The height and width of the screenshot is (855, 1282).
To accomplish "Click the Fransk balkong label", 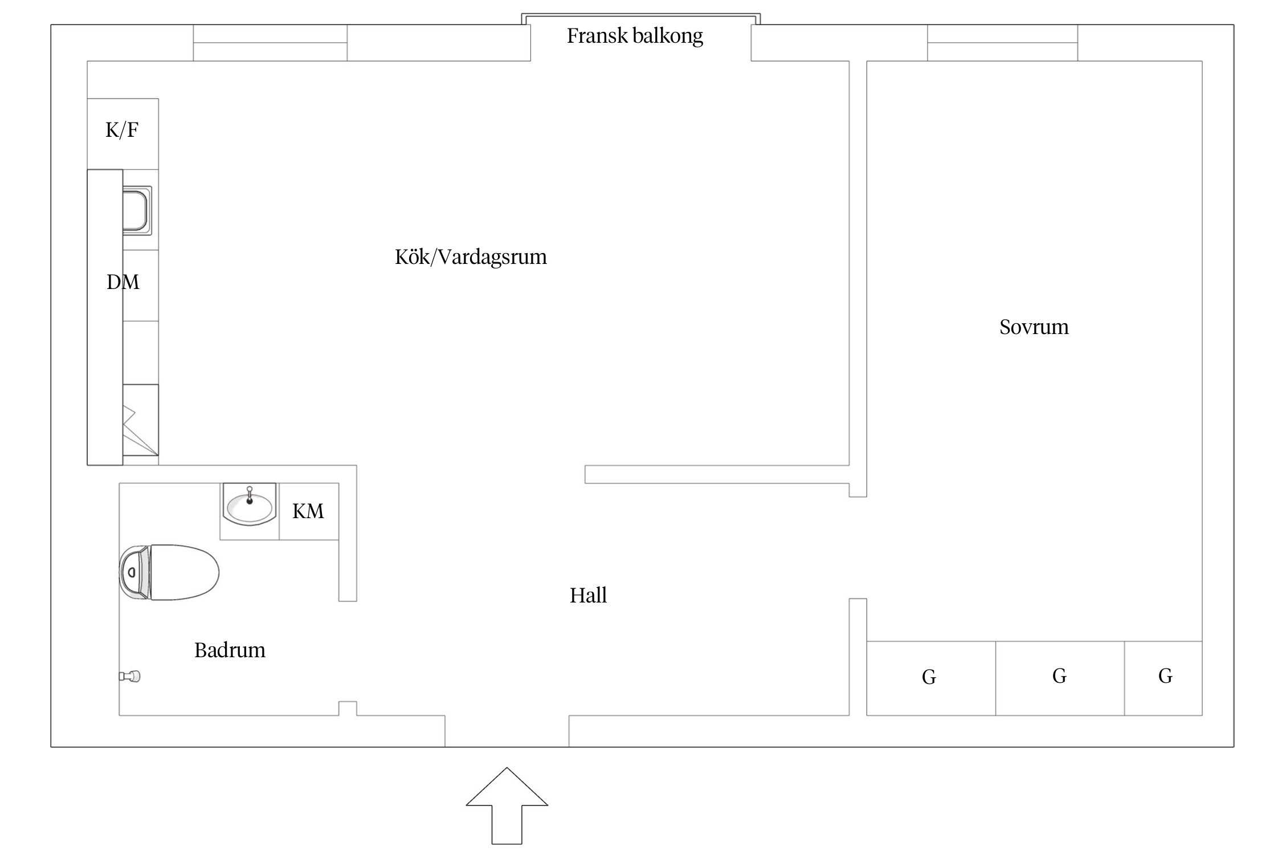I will (634, 36).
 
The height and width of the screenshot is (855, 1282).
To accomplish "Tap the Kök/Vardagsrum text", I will (471, 257).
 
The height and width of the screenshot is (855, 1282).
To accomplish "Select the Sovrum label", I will (1034, 327).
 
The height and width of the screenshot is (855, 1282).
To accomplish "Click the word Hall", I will (588, 596).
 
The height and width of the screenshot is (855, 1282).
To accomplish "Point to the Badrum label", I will (230, 650).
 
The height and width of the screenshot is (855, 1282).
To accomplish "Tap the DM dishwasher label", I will (123, 282).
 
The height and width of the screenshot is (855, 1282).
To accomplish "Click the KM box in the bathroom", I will (308, 511).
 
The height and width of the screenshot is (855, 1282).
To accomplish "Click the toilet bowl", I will (183, 572).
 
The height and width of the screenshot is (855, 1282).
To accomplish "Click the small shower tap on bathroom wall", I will (130, 677).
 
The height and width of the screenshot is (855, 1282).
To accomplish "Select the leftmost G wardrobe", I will (930, 678).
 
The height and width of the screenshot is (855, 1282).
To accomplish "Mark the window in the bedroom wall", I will (1002, 43).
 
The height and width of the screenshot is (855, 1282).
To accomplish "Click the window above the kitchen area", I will (270, 43).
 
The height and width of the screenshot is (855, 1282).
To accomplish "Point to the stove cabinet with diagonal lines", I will (140, 420).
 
